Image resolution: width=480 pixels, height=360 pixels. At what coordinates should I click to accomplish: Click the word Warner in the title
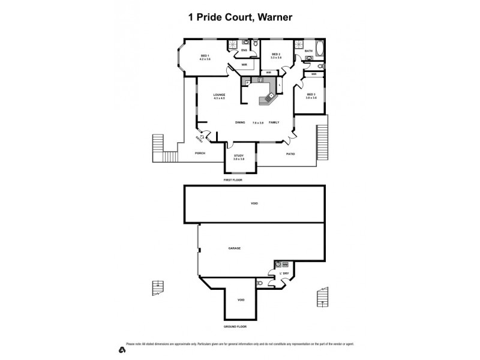click(273, 17)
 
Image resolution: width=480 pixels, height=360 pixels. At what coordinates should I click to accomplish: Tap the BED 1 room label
click(205, 56)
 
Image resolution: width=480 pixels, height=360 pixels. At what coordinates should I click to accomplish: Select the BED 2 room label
click(276, 55)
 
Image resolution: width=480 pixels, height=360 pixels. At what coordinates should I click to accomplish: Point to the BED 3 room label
click(311, 94)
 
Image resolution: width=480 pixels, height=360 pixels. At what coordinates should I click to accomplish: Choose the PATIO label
click(290, 154)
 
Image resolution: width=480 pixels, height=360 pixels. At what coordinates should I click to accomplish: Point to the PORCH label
click(200, 153)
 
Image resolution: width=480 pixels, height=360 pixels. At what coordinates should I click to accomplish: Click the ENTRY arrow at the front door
click(202, 138)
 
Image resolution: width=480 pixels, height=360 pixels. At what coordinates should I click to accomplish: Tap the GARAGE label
click(234, 248)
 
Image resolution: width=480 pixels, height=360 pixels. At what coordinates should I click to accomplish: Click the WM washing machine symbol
click(286, 264)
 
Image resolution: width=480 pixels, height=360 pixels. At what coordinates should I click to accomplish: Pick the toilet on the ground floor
click(259, 282)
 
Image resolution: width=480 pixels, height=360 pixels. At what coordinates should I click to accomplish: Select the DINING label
click(240, 122)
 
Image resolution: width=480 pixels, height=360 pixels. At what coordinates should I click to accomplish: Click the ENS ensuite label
click(244, 50)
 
